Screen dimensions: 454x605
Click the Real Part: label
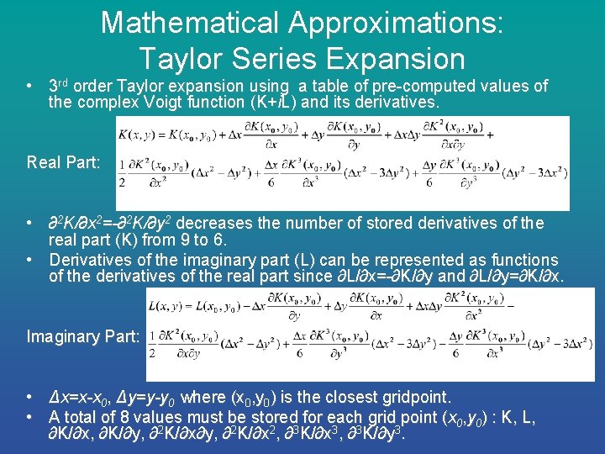point(62,161)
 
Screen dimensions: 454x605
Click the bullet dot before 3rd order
point(29,86)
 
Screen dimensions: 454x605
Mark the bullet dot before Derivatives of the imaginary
point(29,260)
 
